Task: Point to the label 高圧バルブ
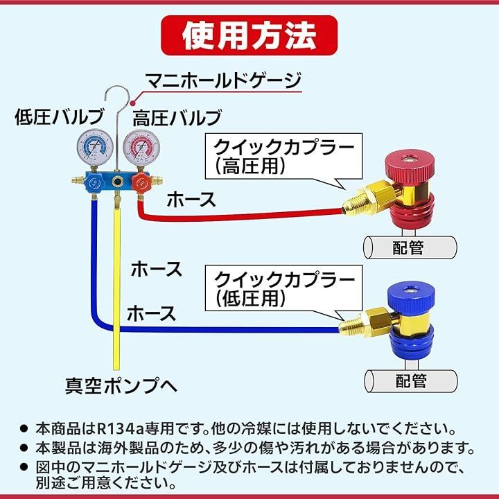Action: pyautogui.click(x=177, y=116)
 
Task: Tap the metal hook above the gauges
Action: pyautogui.click(x=118, y=100)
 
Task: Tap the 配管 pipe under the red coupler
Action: pyautogui.click(x=410, y=247)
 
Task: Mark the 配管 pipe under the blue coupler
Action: pyautogui.click(x=410, y=380)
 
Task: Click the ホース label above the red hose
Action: pyautogui.click(x=191, y=200)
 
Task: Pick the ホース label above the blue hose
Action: pyautogui.click(x=150, y=313)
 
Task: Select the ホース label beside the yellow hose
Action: pyautogui.click(x=156, y=268)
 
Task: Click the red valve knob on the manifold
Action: pyautogui.click(x=141, y=184)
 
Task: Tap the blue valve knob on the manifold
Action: pyautogui.click(x=92, y=184)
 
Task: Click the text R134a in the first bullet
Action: pyautogui.click(x=114, y=428)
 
